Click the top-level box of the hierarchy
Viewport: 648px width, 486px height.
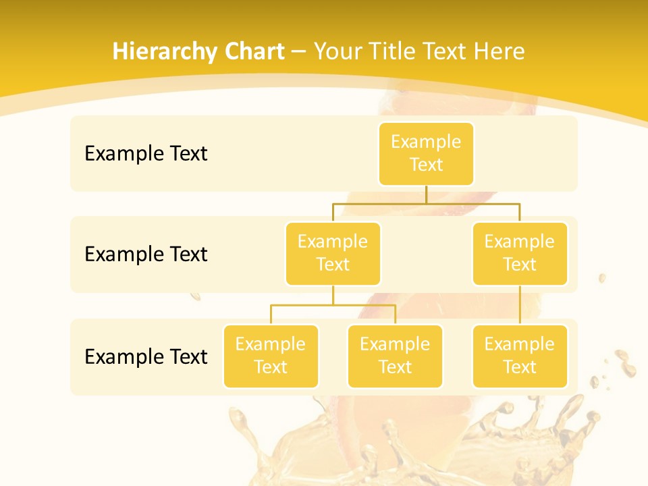[x=426, y=154]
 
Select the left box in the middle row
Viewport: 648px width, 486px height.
[x=333, y=254]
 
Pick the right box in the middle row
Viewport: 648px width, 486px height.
[x=520, y=254]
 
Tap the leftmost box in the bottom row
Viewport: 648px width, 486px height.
[x=271, y=356]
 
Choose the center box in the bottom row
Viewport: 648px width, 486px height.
[x=395, y=356]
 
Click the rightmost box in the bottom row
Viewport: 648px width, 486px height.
[x=520, y=356]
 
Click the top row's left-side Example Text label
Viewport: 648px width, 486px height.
[x=146, y=154]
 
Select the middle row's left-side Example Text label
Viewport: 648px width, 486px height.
[x=146, y=254]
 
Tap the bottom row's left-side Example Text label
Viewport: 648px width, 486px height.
[x=146, y=357]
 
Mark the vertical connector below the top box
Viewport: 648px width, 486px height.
[x=426, y=194]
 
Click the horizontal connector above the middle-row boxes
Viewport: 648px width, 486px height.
[x=426, y=202]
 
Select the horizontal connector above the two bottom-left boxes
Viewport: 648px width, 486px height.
[x=333, y=305]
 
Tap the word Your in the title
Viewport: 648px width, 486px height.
[x=337, y=52]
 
